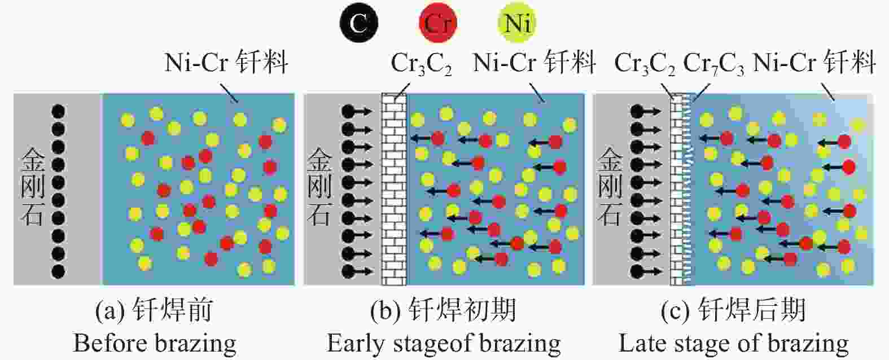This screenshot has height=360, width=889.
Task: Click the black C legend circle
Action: pos(359,23)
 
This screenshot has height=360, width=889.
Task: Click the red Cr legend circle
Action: pos(438,23)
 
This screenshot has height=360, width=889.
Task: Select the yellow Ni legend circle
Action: pos(517,23)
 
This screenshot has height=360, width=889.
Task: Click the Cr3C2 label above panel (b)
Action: pos(421,64)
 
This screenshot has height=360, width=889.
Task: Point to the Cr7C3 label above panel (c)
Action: pos(713,64)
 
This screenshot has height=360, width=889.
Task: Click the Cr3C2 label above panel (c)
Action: pos(645,64)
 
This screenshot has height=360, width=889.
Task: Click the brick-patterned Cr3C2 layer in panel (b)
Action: pos(394,190)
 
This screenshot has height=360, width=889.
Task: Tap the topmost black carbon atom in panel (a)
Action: pos(58,112)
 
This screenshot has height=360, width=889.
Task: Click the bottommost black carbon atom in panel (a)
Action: pos(58,271)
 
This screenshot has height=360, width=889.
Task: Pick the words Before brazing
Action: pos(155,344)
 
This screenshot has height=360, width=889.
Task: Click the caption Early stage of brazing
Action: pos(444,344)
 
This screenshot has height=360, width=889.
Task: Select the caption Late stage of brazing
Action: pos(733,344)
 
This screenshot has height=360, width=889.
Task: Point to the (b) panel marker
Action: pos(385,310)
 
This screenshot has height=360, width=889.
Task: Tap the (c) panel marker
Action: pos(675,310)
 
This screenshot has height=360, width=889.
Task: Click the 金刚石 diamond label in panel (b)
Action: pos(320,187)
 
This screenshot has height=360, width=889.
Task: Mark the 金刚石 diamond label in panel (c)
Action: pos(610,187)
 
